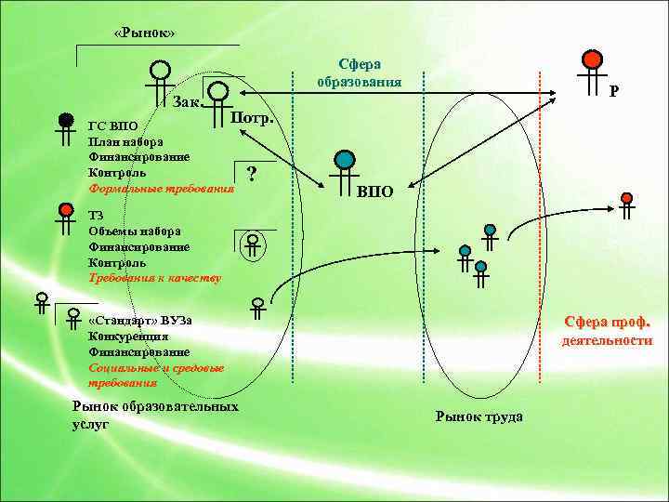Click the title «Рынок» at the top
[x=143, y=34]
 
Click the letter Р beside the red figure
[x=614, y=92]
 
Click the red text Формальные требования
[x=160, y=188]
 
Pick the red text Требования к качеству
[x=153, y=278]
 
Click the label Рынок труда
[x=479, y=416]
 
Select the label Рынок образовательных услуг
[x=153, y=415]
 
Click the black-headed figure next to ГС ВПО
[x=65, y=128]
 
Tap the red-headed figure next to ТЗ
[x=65, y=218]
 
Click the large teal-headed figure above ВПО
[x=345, y=167]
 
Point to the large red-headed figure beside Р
[x=590, y=67]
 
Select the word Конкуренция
[x=127, y=337]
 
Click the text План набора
[x=125, y=142]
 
